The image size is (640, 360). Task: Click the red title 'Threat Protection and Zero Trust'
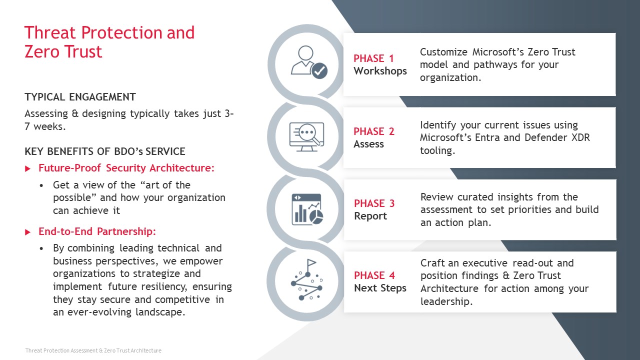click(109, 41)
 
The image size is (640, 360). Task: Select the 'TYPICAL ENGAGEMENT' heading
click(80, 97)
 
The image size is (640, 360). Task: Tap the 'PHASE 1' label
click(373, 58)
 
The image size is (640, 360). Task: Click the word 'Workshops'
click(380, 71)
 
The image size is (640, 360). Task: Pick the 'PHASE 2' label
click(374, 131)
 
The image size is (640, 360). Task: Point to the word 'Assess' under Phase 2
click(368, 144)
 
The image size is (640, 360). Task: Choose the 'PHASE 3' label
click(374, 203)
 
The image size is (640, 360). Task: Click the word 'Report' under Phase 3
click(370, 216)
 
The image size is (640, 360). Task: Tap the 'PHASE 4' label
click(374, 275)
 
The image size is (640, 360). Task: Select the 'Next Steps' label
click(380, 288)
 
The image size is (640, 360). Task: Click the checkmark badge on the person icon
click(319, 70)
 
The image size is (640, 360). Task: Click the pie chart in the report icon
click(316, 217)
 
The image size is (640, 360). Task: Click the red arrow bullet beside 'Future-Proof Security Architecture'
click(27, 168)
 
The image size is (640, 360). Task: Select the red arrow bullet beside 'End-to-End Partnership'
click(27, 232)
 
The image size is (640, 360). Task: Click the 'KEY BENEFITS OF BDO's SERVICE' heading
click(105, 151)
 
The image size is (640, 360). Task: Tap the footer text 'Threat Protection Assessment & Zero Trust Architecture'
click(93, 350)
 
